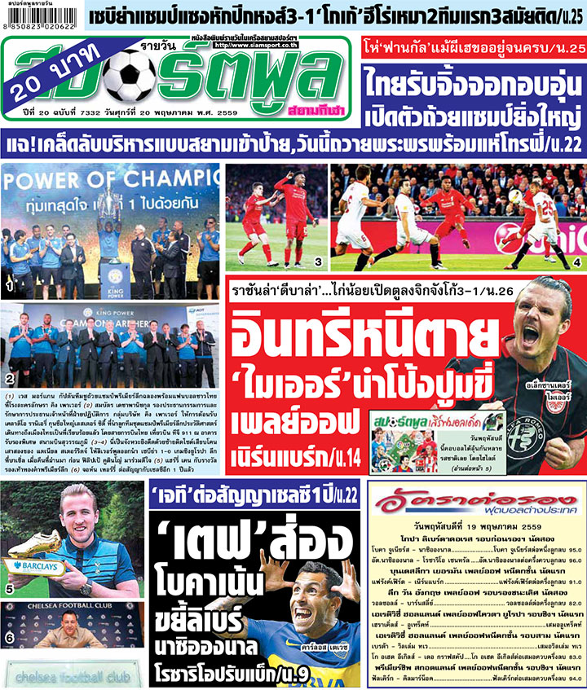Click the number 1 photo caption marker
pos(9,287)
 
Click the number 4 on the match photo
pos(576,262)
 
